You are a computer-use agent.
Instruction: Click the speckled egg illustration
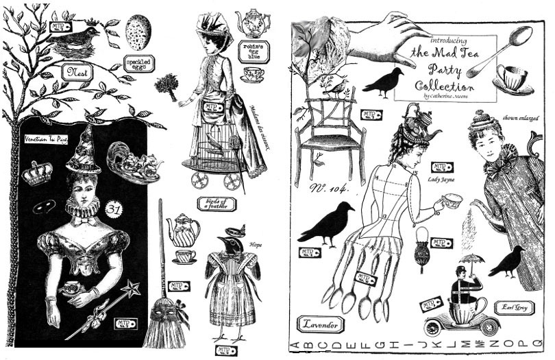click(x=139, y=32)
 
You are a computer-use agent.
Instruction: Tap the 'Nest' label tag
click(x=75, y=71)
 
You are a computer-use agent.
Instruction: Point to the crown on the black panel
click(x=37, y=173)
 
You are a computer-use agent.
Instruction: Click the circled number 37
click(x=114, y=207)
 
